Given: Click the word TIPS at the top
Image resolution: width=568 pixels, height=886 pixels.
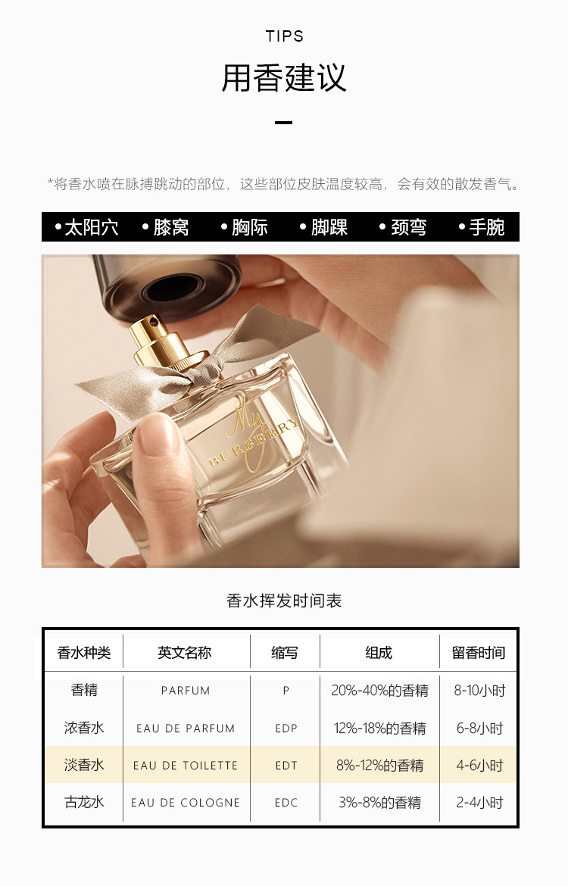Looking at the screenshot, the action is click(x=284, y=36).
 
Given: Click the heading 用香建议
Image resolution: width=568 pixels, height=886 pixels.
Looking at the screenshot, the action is click(x=284, y=77).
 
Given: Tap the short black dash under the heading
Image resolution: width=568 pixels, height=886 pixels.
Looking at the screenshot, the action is click(x=284, y=122).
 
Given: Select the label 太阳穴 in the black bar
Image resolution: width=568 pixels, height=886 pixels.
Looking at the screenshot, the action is click(x=91, y=227).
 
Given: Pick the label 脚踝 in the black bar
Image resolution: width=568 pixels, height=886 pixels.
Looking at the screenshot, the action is click(x=329, y=227).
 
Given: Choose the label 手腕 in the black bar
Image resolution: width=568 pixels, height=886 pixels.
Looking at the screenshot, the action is click(x=487, y=227).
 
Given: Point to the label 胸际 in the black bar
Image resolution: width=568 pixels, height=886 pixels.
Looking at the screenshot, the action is click(x=250, y=227).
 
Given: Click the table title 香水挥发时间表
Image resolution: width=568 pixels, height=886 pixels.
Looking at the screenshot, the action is click(x=284, y=601).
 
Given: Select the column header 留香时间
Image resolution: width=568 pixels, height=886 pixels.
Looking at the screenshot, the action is click(x=479, y=653).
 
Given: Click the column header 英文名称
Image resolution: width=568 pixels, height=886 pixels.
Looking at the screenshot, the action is click(x=185, y=653).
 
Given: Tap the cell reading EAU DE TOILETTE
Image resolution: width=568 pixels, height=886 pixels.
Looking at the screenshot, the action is click(x=186, y=766).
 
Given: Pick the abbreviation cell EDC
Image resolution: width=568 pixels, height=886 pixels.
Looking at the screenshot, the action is click(x=286, y=803).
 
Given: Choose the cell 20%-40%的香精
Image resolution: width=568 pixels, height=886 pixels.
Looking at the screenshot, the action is click(x=379, y=691).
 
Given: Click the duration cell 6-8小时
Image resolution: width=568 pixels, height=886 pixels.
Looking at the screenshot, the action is click(x=480, y=728).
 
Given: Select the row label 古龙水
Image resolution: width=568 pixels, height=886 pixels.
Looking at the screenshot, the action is click(x=84, y=803).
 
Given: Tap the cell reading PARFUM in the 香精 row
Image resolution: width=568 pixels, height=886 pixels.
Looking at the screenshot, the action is click(x=186, y=691).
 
